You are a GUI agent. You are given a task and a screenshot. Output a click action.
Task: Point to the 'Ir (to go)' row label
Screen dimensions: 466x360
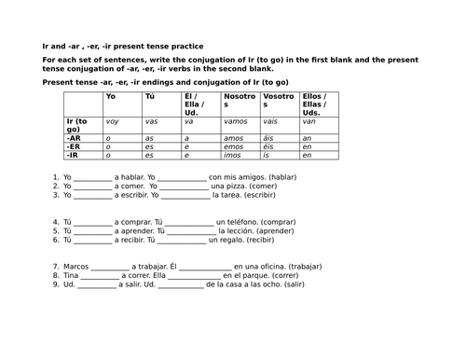(80, 125)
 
